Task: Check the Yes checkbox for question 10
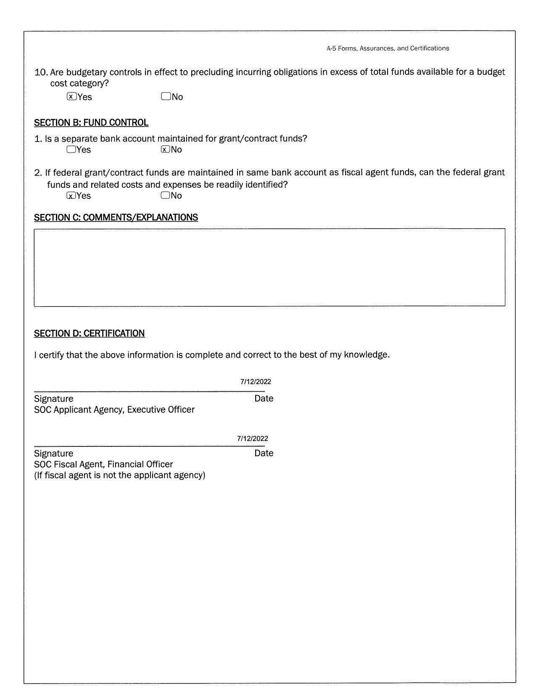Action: (x=71, y=97)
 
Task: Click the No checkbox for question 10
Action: (x=166, y=97)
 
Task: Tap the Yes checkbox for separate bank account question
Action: (x=71, y=149)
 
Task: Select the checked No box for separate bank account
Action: (x=165, y=149)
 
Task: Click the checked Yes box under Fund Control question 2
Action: (x=71, y=195)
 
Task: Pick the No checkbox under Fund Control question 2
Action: (x=165, y=195)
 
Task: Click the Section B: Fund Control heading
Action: (x=91, y=123)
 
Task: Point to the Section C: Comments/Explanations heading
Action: (x=116, y=217)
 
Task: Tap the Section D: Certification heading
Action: (x=89, y=333)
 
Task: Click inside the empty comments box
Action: (x=269, y=267)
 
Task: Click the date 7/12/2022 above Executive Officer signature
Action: (x=256, y=382)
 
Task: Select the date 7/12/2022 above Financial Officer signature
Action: (x=252, y=438)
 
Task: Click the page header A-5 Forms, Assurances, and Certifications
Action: (x=388, y=48)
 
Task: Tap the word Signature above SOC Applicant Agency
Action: (x=53, y=398)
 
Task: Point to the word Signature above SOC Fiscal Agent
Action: (x=53, y=453)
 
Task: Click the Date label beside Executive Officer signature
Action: (x=264, y=398)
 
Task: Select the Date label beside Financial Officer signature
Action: (x=264, y=453)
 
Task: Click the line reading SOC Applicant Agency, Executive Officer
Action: (x=114, y=409)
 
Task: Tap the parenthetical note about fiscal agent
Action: (x=119, y=475)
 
